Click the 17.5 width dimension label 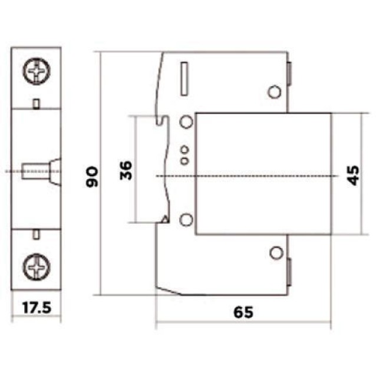(37, 307)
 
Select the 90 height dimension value (93, 176)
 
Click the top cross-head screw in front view (37, 73)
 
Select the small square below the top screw (37, 104)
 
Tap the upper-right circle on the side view (273, 92)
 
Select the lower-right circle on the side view (274, 253)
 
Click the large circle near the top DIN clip (186, 122)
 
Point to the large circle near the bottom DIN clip (186, 220)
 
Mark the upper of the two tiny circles (184, 150)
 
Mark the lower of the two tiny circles (184, 160)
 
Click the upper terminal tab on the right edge (290, 74)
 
